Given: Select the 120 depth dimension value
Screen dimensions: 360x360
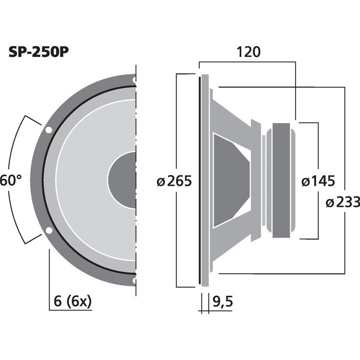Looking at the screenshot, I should click(248, 52).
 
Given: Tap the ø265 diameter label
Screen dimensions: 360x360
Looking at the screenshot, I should click(174, 181).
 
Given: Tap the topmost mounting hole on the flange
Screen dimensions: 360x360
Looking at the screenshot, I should click(134, 79).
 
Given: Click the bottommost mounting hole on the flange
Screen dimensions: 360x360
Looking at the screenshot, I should click(134, 281).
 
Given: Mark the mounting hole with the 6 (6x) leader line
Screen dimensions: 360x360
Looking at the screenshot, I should click(49, 231).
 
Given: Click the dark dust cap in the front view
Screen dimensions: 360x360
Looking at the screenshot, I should click(123, 180).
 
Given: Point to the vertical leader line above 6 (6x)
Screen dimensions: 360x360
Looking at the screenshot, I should click(49, 270).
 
